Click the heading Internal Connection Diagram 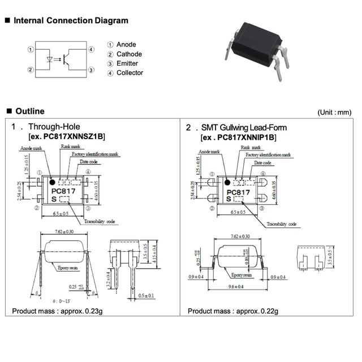(71, 21)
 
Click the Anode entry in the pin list (126, 45)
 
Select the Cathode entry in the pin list (128, 54)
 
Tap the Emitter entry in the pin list (127, 63)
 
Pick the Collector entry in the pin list (129, 73)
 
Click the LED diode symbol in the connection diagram (49, 59)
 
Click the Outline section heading (29, 111)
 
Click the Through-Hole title (54, 127)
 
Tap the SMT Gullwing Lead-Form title (243, 127)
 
